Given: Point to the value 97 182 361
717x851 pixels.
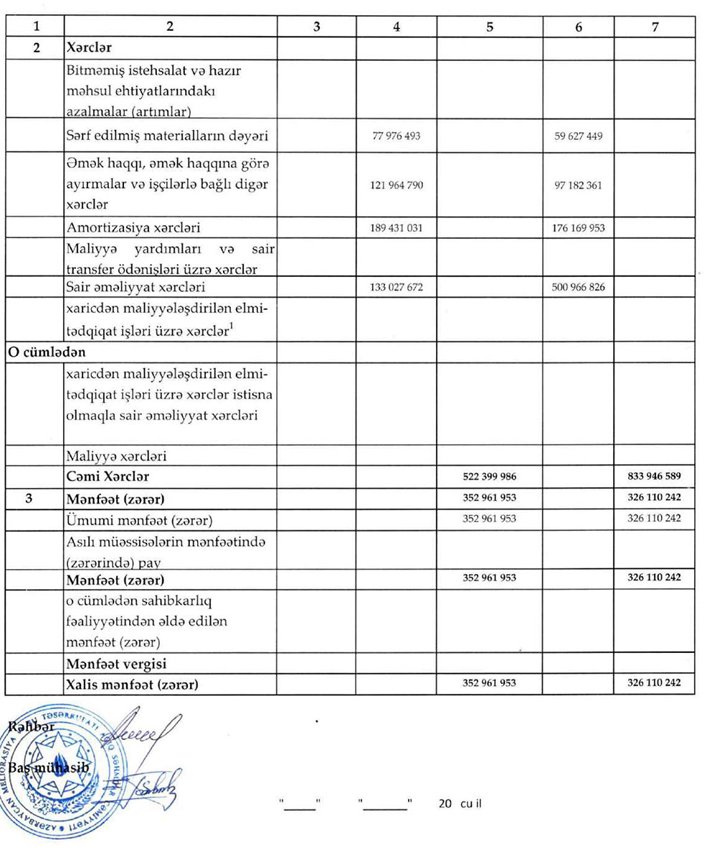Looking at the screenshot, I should point(579,185).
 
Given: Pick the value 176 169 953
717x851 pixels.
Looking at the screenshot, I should point(579,228).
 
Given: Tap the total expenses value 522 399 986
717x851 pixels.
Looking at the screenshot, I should point(489,476).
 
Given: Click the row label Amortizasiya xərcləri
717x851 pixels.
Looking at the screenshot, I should point(133,228).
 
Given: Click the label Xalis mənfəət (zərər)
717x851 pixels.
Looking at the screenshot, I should point(131,685).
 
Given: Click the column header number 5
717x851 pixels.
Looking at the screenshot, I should point(489,27).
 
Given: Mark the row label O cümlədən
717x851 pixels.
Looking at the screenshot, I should point(37,352).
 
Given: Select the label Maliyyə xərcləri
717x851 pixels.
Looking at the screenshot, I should point(117,456).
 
